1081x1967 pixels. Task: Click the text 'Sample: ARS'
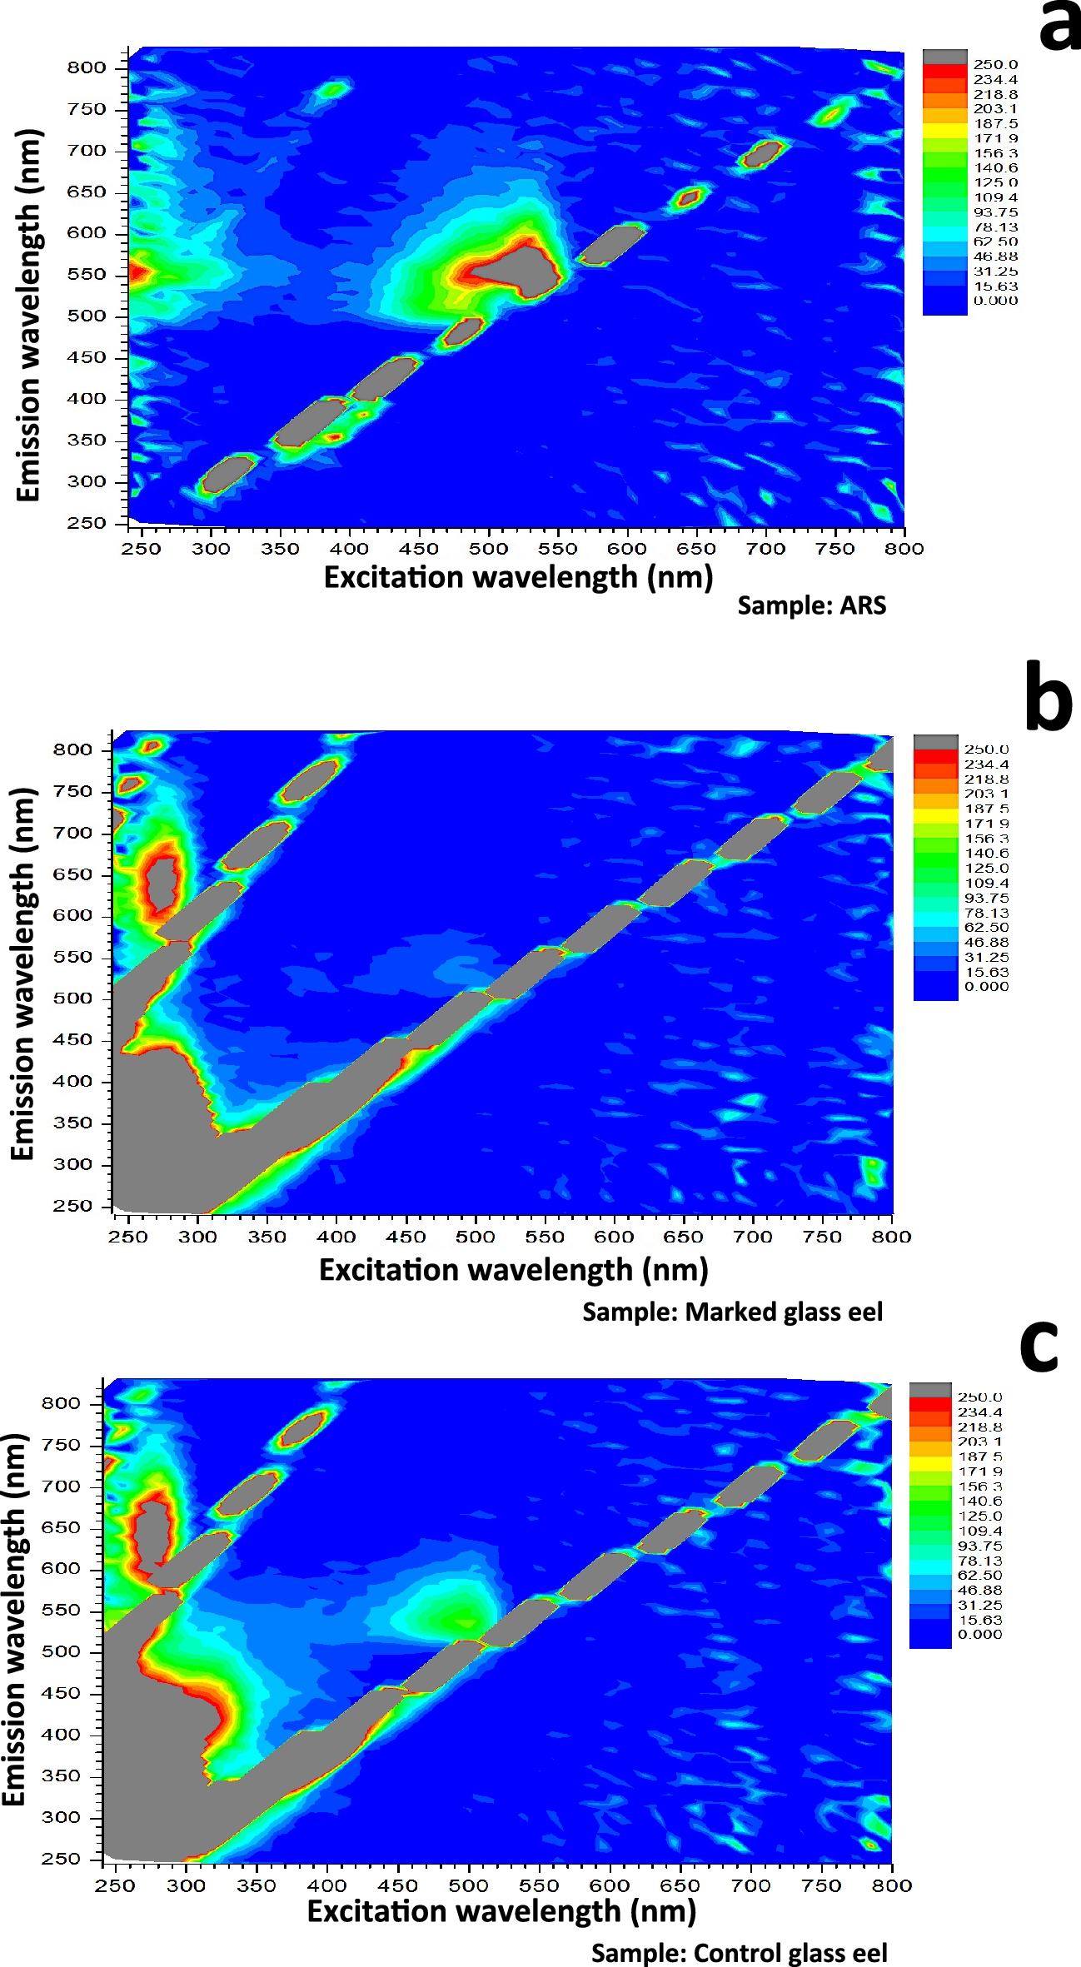[x=811, y=605]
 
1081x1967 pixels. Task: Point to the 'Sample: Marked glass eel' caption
[x=732, y=1312]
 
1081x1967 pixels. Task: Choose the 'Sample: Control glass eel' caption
[x=739, y=1953]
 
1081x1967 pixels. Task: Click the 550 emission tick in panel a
[x=87, y=275]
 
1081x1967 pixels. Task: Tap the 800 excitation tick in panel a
[x=904, y=549]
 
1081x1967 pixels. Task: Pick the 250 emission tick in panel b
[x=72, y=1206]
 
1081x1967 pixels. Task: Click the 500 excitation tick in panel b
[x=475, y=1237]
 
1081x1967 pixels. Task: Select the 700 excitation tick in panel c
[x=751, y=1885]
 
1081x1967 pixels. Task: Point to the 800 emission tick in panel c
[x=62, y=1403]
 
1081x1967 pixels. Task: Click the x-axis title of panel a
[x=518, y=577]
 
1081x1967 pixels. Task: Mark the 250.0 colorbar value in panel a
[x=995, y=65]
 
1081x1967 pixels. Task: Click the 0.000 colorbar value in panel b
[x=986, y=987]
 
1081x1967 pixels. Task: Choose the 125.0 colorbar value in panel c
[x=980, y=1516]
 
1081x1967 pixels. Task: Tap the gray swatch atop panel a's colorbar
[x=945, y=57]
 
